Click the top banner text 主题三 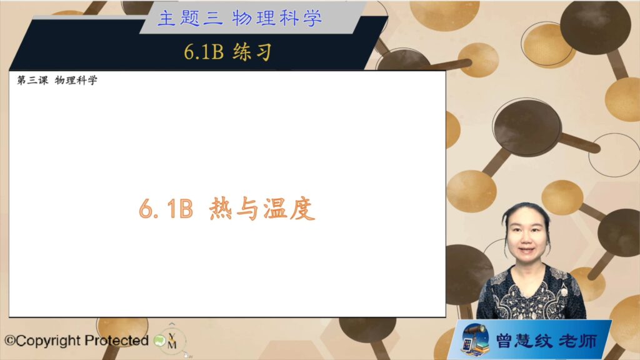[x=191, y=18]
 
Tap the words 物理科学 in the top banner [x=277, y=18]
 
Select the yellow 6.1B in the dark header [x=204, y=52]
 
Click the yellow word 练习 [x=252, y=52]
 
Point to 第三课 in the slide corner [x=32, y=80]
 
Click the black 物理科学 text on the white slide [x=76, y=80]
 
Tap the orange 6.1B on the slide [x=166, y=209]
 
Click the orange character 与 [x=247, y=209]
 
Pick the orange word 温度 [x=289, y=209]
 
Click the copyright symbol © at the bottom [x=10, y=341]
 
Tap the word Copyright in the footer [x=48, y=341]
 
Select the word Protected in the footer [x=116, y=341]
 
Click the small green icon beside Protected [x=159, y=341]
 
